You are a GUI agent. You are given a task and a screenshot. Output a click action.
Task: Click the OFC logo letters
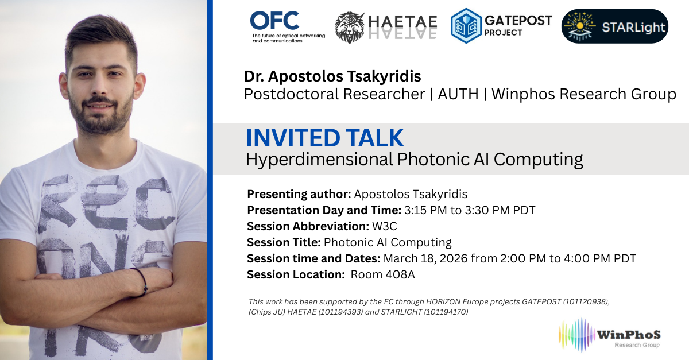coord(274,21)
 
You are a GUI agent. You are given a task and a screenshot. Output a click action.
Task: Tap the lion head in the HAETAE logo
coord(350,28)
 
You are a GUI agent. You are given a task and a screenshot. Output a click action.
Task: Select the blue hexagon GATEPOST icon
coord(466,26)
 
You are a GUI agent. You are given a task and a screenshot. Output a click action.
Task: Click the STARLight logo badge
coord(614,26)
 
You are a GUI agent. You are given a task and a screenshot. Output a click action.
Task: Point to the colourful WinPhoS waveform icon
coord(576,335)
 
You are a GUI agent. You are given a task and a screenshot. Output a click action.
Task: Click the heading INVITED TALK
coord(325,138)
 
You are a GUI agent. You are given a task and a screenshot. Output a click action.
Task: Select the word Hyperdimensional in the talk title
coord(319,160)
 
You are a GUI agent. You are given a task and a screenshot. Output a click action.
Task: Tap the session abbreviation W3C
coord(385,226)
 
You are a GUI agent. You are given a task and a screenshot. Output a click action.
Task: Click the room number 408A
coord(398,274)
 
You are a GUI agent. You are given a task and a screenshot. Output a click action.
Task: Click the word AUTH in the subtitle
coord(458,94)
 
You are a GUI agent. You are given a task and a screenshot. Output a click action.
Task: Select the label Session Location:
coord(296,274)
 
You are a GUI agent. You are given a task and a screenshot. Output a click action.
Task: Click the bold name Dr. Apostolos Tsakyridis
coord(332,76)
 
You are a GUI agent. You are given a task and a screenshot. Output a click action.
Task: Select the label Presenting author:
coord(299,194)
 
